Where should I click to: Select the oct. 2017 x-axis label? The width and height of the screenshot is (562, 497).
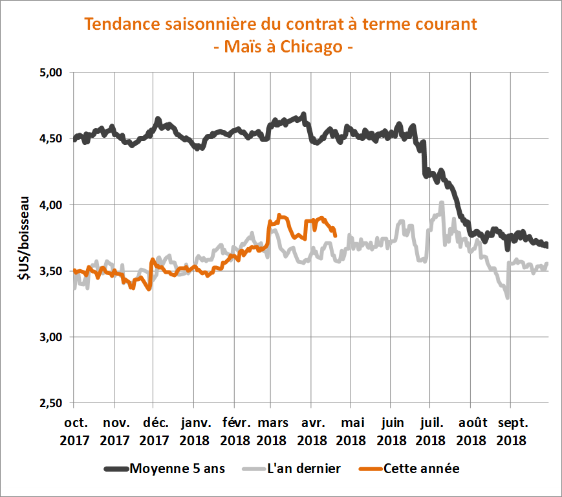coord(75,432)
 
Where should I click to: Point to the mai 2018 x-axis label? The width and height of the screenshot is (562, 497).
coord(351,432)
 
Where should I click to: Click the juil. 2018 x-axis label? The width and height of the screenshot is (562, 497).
coord(430,432)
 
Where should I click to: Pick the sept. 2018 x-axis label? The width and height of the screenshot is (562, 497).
coord(510,432)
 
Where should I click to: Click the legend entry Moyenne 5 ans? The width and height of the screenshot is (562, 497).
coord(177,469)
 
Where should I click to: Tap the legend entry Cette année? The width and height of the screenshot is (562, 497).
coord(421,469)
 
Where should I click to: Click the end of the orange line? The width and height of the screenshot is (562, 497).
coord(334,235)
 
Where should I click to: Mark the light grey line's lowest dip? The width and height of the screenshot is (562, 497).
coord(507,298)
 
